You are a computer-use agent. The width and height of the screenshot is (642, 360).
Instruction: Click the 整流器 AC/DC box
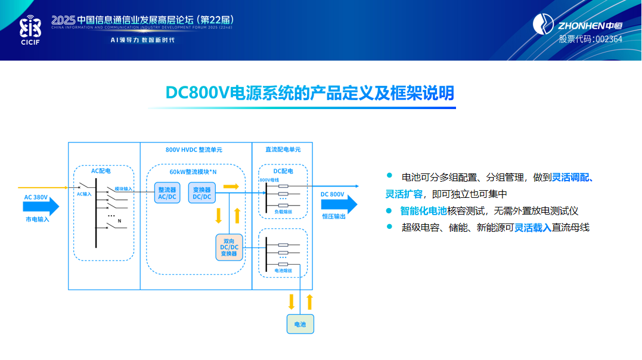(x=166, y=193)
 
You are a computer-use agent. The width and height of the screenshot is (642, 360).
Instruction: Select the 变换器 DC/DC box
(x=202, y=193)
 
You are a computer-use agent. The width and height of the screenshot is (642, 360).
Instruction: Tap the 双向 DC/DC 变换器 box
(x=229, y=247)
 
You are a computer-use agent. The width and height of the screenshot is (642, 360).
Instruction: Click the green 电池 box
(x=300, y=324)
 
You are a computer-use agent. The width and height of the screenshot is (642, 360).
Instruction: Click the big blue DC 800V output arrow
(x=339, y=204)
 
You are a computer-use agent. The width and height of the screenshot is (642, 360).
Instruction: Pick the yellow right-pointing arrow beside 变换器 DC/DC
(x=230, y=187)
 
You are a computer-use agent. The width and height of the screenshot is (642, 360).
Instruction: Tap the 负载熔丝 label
(x=283, y=212)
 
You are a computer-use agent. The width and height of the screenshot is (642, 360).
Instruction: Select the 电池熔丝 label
(x=283, y=270)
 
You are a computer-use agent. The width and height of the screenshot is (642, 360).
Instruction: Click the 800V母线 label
(x=269, y=179)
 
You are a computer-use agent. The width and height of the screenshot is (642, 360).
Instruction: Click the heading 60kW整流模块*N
(x=193, y=172)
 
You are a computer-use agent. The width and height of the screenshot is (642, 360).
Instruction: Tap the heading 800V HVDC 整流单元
(x=194, y=150)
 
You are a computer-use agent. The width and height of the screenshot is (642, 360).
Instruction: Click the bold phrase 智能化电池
(x=423, y=210)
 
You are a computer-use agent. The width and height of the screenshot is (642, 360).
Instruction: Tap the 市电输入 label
(x=37, y=219)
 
